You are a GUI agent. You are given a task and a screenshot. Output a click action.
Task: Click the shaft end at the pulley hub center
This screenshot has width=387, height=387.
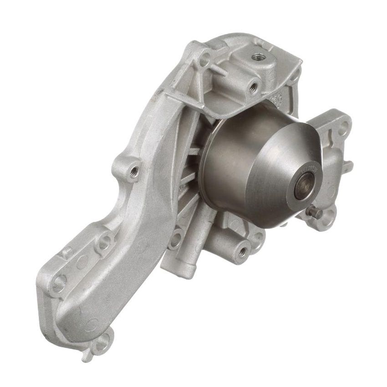(302, 187)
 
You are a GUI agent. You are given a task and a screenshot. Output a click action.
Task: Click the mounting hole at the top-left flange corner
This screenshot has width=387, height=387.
(205, 59)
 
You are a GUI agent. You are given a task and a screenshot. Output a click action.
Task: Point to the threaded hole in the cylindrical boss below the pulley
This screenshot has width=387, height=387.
(242, 251)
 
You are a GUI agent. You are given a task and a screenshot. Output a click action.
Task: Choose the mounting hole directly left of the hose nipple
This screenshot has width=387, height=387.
(175, 242)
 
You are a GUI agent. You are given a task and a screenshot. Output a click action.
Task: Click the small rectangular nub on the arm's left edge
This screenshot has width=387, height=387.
(66, 251)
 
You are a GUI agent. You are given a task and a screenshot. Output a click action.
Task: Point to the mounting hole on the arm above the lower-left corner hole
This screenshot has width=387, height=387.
(104, 241)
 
